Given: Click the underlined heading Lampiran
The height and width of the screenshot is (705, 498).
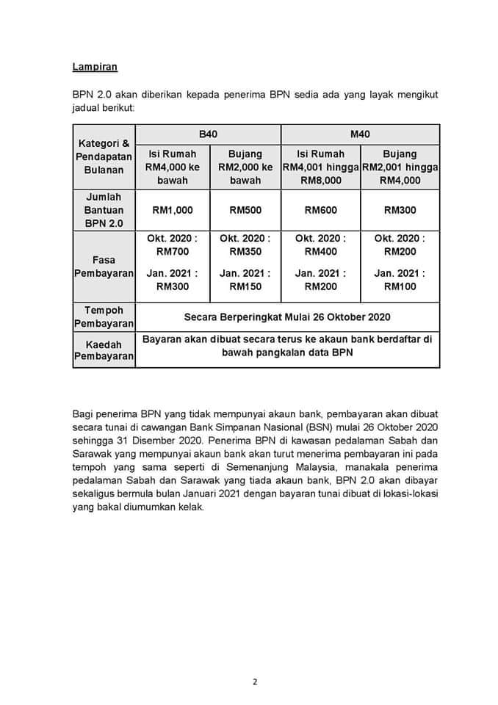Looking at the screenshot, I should coord(95,67).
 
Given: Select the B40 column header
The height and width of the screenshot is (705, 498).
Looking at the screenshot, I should coord(208,134).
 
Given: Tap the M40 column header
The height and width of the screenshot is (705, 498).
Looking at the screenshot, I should coord(360,134).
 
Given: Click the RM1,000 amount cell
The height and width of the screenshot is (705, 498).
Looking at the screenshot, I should coord(173,210).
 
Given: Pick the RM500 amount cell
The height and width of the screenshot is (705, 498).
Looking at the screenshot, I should coord(245,210).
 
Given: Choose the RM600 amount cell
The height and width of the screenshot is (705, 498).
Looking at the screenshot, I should coord(320,210).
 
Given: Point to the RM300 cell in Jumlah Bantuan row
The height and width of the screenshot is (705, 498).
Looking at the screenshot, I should coord(400,210).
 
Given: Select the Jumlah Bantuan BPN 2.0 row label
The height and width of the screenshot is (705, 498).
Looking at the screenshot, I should coord(104,210).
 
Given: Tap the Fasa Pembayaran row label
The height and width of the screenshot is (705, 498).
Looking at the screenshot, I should coord(104,267).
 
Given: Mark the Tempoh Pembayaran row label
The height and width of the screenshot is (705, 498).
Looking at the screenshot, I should coord(104,317).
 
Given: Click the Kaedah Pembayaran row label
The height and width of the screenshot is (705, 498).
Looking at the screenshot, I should coord(104,350).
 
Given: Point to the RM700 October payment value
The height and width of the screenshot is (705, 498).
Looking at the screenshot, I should coord(173,251).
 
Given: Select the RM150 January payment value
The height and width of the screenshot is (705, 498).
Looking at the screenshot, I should coord(245,286).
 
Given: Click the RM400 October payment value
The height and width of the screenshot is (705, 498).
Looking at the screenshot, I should coord(320,251).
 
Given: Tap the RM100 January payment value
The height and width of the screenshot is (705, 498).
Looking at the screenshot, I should coord(400,286).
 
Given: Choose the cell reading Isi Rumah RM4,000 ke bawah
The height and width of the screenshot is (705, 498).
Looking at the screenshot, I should coord(173,167).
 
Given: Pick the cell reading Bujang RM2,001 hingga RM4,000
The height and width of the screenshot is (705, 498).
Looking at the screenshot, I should coord(400,167).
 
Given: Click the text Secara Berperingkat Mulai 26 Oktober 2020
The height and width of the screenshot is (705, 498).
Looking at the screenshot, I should coord(287,317).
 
